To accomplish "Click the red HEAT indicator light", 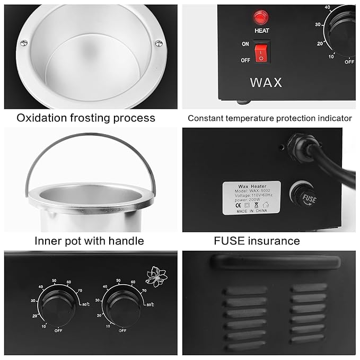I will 261,19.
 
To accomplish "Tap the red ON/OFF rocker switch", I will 261,52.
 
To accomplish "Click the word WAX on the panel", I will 266,83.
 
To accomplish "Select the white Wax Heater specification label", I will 251,197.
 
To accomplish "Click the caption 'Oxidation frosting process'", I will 86,118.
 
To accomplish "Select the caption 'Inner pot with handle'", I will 89,241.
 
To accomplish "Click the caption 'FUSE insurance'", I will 257,241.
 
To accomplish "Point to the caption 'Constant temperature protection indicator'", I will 270,118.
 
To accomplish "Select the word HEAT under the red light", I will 262,31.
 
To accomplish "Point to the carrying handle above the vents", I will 275,262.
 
